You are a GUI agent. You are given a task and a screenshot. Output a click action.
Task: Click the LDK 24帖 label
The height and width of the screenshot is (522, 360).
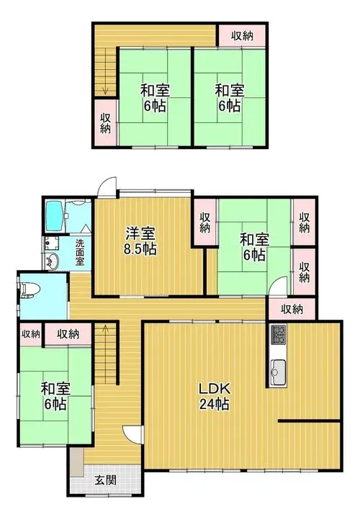[x=214, y=396]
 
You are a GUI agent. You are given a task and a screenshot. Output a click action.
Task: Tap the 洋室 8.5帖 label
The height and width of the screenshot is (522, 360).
[x=140, y=241]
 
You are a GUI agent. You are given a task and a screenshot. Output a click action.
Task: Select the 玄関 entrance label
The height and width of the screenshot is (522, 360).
[x=106, y=480]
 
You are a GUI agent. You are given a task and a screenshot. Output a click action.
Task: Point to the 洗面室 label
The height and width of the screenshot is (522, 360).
[x=80, y=252]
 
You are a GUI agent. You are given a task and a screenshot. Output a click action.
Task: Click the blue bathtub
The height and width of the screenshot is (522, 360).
[x=55, y=216]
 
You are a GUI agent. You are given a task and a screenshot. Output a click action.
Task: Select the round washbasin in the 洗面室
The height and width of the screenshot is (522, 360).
[x=52, y=261]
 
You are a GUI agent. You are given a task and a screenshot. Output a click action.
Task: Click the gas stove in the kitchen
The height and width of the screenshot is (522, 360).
[x=279, y=335]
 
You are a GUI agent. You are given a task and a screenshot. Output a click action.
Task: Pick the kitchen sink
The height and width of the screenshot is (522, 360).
[x=279, y=372]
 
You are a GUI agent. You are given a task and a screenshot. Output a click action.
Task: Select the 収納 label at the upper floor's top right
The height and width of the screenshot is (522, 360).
[x=243, y=35]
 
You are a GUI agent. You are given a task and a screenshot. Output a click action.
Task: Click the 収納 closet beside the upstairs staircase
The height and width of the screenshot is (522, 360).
[x=106, y=122]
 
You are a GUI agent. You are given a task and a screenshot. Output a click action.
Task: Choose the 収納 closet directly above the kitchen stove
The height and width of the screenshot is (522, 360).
[x=292, y=310]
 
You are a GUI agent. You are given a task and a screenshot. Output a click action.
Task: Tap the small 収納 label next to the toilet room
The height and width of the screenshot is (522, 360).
[x=31, y=334]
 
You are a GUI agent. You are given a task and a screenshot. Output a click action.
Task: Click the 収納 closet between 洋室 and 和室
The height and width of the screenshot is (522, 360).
[x=205, y=222]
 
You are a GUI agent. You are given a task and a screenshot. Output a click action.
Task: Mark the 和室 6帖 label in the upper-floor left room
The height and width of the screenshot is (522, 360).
[x=155, y=97]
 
